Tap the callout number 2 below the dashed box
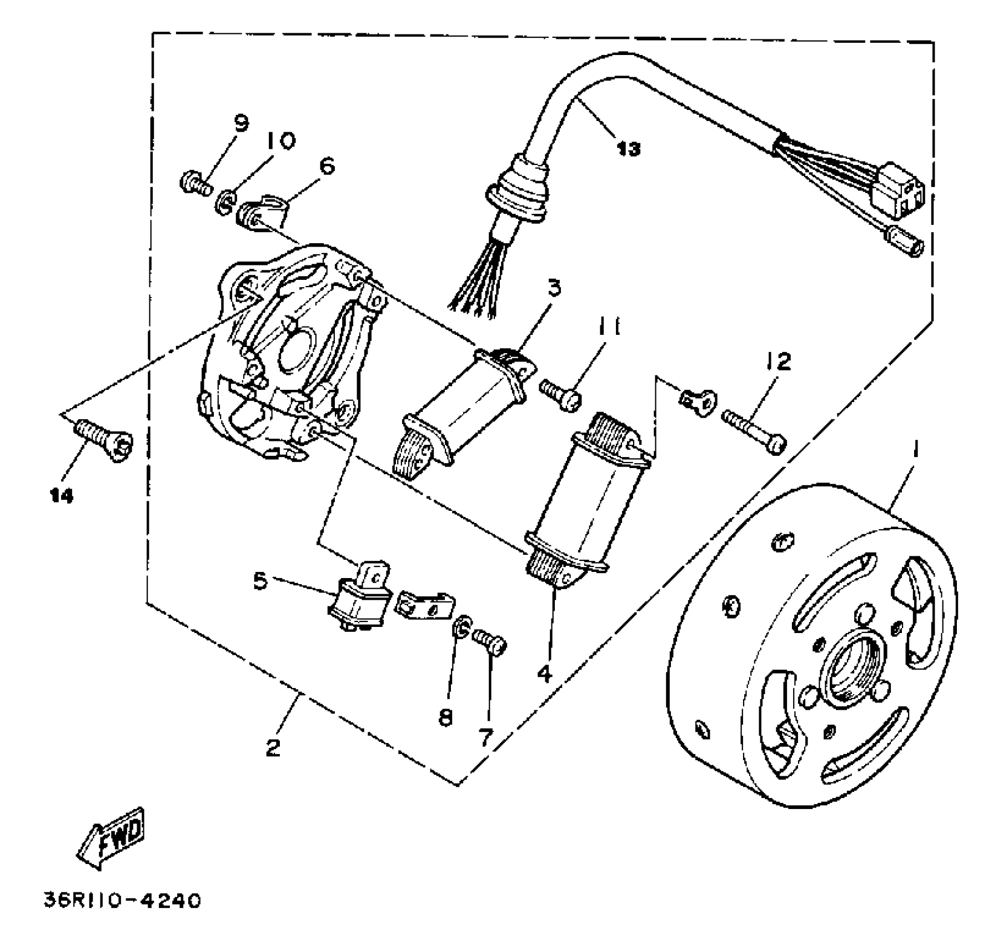point(273,748)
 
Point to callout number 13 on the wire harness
point(628,148)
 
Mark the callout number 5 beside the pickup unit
point(260,581)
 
